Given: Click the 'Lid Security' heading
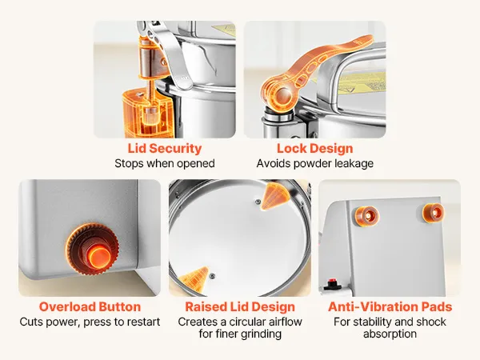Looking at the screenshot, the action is [x=165, y=149].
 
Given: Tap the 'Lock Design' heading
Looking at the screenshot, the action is [x=315, y=149].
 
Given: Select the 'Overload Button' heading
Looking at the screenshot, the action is [x=90, y=306].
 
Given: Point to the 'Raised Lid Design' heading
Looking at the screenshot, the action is [x=240, y=306].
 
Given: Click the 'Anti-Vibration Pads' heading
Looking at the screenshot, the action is [x=390, y=306].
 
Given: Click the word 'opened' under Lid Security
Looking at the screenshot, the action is [x=196, y=164].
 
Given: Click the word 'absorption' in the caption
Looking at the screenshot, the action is [x=390, y=334].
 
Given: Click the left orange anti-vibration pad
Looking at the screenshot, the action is [x=367, y=216].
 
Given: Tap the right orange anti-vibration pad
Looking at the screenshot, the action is [x=433, y=213].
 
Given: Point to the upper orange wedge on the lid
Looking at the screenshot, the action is [x=274, y=196].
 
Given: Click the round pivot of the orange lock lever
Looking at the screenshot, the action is [x=281, y=96].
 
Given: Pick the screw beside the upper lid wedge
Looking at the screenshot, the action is [x=258, y=202].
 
